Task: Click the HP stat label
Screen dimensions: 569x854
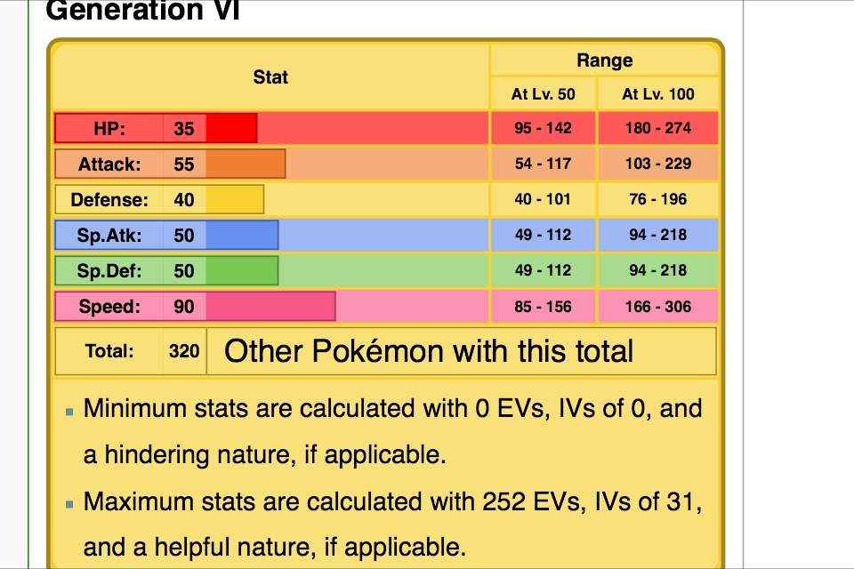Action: point(109,128)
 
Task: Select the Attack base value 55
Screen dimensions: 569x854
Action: point(184,164)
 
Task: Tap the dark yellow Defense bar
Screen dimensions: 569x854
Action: point(235,199)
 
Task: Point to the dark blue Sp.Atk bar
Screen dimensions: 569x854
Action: point(242,235)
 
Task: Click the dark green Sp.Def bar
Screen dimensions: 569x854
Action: point(242,270)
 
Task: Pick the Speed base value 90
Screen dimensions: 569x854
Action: point(184,307)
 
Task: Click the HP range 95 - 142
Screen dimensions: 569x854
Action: point(543,128)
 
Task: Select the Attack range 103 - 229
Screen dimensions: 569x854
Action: point(658,164)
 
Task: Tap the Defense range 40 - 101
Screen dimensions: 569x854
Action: point(543,199)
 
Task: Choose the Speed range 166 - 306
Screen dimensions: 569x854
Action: point(658,307)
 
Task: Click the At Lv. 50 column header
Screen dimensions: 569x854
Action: point(543,94)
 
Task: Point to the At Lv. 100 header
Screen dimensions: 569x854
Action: point(658,94)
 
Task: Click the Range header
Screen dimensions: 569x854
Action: point(604,60)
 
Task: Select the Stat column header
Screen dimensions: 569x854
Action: point(270,77)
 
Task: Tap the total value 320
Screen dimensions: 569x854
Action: point(184,351)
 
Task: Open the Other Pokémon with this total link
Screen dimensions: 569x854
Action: point(429,351)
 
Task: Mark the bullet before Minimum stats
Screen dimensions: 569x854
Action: point(69,412)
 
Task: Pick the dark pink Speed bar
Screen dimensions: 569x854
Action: point(270,307)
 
